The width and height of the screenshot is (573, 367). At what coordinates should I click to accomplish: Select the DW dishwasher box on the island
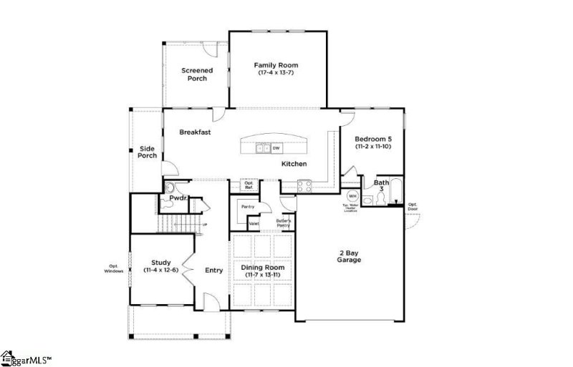[x=275, y=148]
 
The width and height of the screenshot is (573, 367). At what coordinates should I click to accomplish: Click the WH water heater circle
[x=352, y=195]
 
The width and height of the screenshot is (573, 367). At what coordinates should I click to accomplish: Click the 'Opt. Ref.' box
[x=249, y=185]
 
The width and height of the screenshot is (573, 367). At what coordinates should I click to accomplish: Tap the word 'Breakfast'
[x=195, y=132]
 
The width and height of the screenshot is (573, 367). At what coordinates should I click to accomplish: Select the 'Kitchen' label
[x=294, y=164]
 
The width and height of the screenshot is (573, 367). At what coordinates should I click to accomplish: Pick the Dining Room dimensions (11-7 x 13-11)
[x=262, y=275]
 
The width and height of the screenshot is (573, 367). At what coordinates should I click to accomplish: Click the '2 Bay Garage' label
[x=350, y=256]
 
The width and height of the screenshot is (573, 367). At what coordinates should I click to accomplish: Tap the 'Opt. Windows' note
[x=113, y=270]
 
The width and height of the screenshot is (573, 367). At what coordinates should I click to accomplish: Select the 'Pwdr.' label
[x=178, y=198]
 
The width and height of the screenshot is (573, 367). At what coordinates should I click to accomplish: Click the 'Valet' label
[x=254, y=224]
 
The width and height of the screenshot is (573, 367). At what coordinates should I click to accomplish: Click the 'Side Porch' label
[x=148, y=152]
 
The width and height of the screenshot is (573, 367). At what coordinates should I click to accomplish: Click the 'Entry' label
[x=213, y=270]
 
